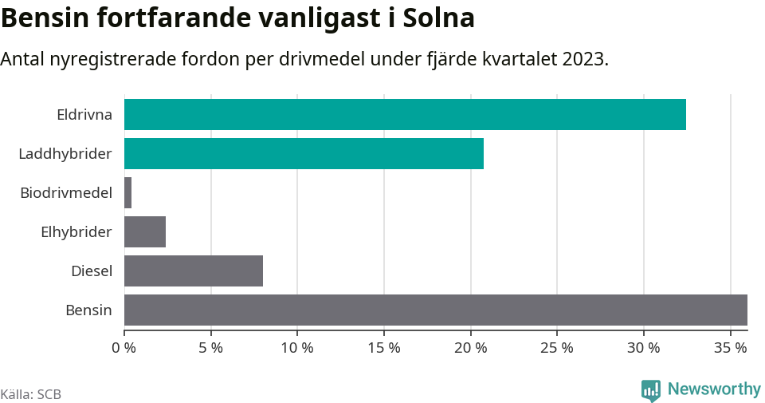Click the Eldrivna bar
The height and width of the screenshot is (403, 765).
[x=405, y=114]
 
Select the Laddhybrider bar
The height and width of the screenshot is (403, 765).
[x=304, y=153]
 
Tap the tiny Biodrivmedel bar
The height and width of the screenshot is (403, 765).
[x=127, y=192]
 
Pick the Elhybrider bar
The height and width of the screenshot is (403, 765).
[x=145, y=231]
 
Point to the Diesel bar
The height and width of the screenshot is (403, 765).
[x=194, y=271]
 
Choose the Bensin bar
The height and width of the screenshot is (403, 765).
[x=436, y=310]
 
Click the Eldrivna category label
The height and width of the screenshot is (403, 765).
[x=84, y=114]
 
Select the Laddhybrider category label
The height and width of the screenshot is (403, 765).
[x=65, y=153]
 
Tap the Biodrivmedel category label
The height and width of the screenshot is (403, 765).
[x=66, y=192]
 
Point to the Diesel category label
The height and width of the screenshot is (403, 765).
[x=92, y=271]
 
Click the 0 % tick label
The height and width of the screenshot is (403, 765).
[x=124, y=348]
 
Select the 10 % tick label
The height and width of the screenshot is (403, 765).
[x=297, y=348]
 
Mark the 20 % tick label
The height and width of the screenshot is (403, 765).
[x=470, y=348]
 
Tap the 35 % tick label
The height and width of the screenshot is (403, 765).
[x=730, y=348]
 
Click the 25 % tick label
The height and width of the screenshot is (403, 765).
[x=557, y=348]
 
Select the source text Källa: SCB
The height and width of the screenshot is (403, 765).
[x=31, y=394]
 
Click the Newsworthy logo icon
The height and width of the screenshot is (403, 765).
[x=650, y=390]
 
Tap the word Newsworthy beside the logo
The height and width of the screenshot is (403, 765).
[x=714, y=389]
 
